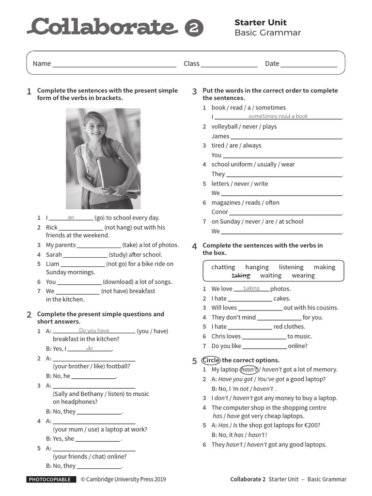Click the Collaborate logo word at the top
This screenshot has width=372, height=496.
102,27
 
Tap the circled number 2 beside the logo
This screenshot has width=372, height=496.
194,28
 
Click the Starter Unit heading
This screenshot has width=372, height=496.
260,22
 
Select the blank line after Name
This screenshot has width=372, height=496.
114,64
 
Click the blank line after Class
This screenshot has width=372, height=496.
229,64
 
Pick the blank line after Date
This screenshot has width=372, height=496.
309,64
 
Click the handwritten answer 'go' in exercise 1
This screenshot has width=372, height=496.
71,217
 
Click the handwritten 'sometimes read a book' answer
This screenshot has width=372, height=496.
278,116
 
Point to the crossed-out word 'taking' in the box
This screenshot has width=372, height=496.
241,276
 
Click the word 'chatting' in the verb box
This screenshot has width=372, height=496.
223,267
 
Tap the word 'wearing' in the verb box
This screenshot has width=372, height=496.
303,276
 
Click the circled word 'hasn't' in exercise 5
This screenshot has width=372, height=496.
249,370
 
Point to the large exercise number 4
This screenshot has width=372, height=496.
194,247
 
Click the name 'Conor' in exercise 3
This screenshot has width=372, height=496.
219,212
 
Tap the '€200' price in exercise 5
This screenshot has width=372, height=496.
310,426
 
